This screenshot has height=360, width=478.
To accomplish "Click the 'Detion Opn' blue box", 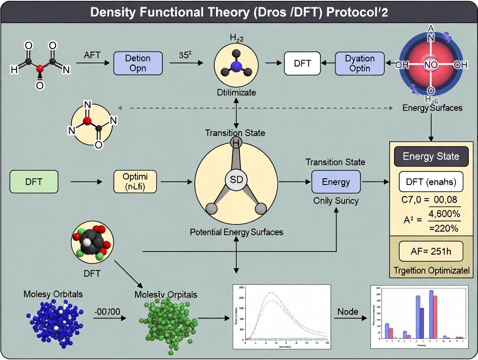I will point(138,63).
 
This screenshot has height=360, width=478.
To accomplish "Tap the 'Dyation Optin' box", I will point(360,63).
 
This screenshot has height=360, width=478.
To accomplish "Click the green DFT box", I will point(34,182).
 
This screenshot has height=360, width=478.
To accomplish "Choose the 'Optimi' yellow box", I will point(134,182).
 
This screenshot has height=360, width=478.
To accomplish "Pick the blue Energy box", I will point(336,182).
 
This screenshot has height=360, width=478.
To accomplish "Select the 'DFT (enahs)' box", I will point(430,181).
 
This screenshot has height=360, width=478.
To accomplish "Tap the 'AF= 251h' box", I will point(430,251).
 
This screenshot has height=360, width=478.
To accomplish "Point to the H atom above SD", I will point(236,143).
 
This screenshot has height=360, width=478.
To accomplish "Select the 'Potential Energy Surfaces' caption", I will point(236,232).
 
